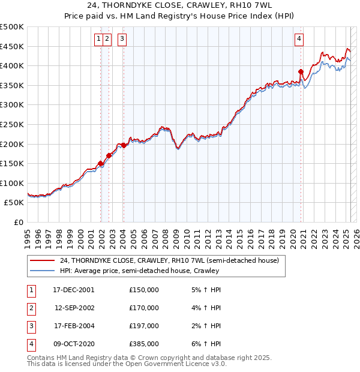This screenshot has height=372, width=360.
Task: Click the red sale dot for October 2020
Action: click(x=301, y=71)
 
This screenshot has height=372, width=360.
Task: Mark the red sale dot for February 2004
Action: click(x=123, y=145)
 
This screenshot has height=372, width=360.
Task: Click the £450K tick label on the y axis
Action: click(x=11, y=47)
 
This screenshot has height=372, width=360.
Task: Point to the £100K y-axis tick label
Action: click(x=11, y=184)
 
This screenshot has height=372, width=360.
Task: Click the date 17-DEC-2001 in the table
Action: click(x=74, y=290)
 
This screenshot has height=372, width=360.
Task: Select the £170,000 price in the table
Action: click(x=144, y=308)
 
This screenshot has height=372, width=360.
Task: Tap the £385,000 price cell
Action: click(x=144, y=344)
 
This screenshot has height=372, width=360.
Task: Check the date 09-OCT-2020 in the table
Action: click(x=74, y=344)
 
